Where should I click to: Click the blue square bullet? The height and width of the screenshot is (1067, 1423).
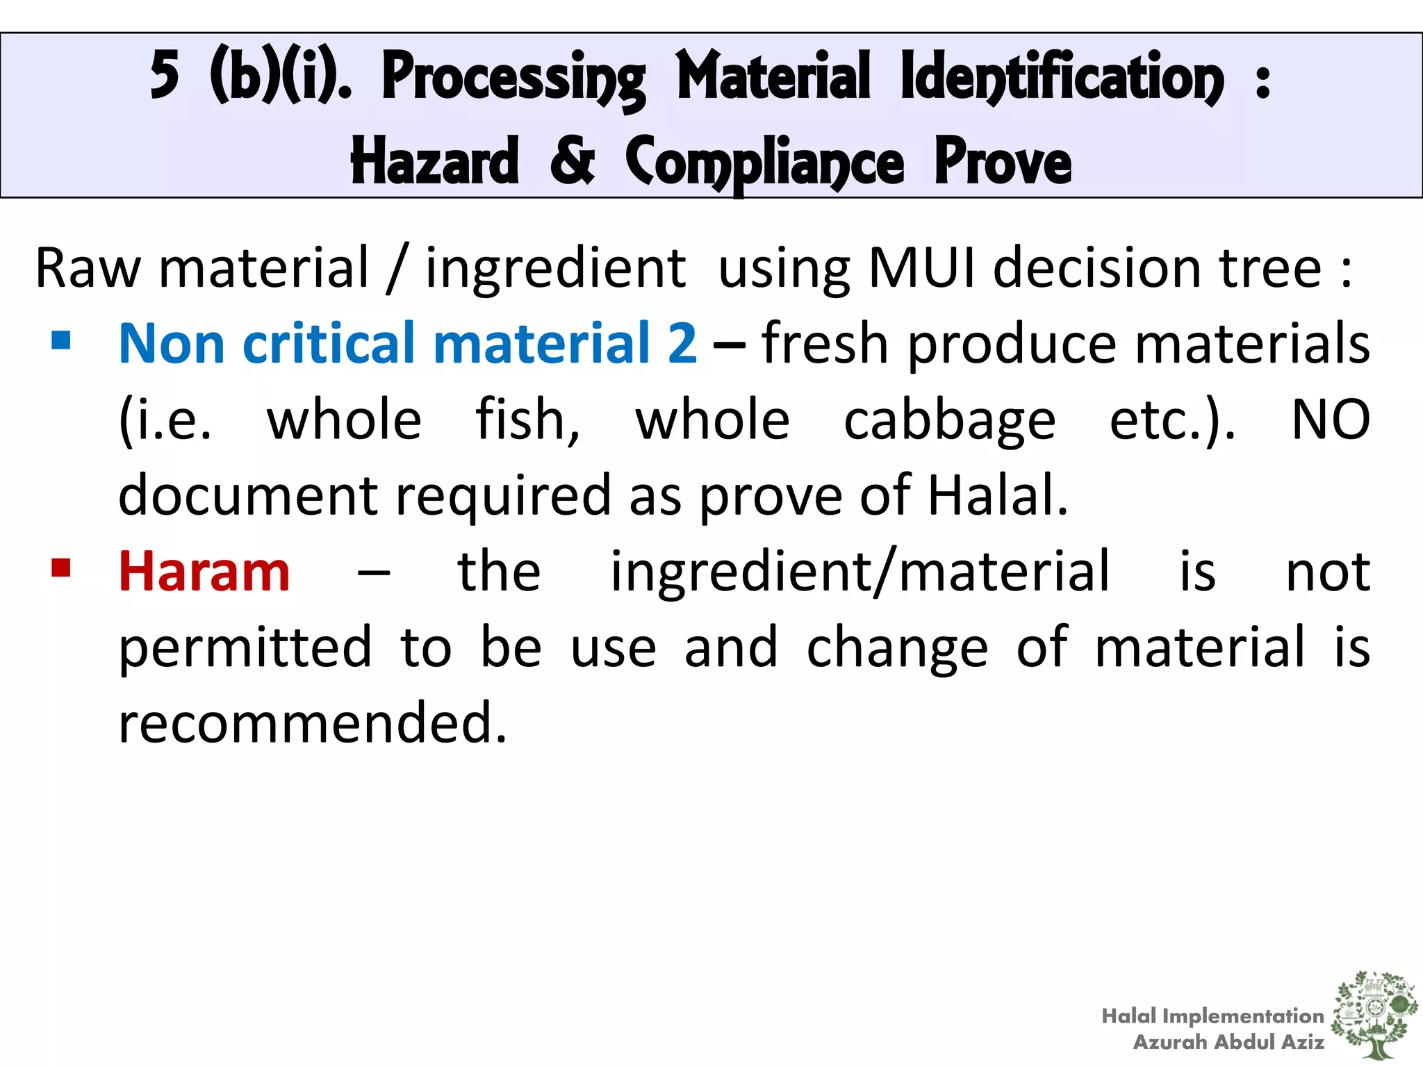[61, 340]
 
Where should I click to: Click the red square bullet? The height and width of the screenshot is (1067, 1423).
[61, 568]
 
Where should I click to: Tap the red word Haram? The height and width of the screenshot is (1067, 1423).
[204, 572]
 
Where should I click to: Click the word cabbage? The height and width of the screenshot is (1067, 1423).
[949, 421]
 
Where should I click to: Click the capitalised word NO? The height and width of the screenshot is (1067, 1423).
[1330, 420]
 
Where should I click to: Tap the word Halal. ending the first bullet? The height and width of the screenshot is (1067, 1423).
[998, 495]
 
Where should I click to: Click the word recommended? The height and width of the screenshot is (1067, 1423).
[313, 723]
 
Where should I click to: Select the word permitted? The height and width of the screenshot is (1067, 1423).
[245, 648]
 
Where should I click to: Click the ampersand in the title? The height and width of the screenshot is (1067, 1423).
[572, 161]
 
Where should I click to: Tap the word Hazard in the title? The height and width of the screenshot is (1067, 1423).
[435, 161]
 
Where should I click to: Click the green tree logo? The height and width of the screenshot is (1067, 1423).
[1374, 1014]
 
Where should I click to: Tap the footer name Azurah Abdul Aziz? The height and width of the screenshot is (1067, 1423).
[1228, 1042]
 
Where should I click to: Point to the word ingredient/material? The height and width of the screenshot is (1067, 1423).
[860, 572]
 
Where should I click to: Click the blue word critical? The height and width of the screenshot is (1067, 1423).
[329, 344]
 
